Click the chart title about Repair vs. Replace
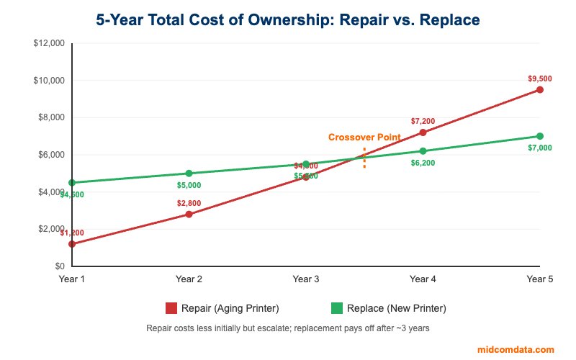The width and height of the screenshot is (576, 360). [288, 19]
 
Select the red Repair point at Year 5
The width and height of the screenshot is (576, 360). [539, 90]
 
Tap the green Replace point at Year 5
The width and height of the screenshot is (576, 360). [539, 136]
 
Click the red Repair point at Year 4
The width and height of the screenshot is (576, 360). [423, 132]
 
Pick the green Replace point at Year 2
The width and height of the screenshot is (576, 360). [189, 174]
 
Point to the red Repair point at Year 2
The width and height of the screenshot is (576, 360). [189, 215]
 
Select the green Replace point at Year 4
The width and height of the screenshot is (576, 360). [423, 151]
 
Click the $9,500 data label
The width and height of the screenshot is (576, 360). [539, 78]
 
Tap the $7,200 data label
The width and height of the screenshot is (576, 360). [423, 121]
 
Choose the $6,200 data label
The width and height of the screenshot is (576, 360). [423, 163]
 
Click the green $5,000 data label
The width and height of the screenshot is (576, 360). [189, 185]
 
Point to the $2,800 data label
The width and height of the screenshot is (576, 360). [189, 203]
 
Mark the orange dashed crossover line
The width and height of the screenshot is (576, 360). [364, 158]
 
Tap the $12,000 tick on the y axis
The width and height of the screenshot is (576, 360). [49, 43]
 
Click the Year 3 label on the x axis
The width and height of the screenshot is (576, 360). [306, 279]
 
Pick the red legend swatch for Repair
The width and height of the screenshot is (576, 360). [171, 308]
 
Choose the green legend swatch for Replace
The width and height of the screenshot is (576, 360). [337, 308]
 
